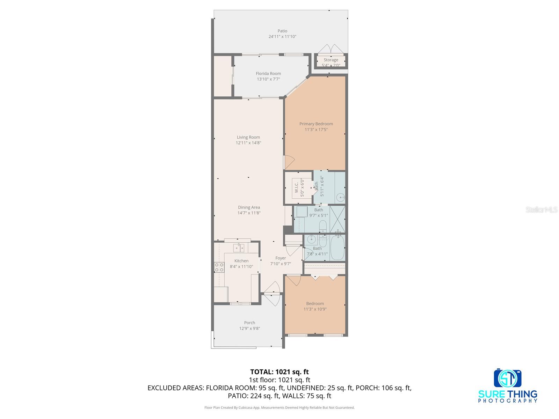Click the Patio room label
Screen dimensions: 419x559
point(282,31)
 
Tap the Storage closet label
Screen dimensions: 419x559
point(331,60)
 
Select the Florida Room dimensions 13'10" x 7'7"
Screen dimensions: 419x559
point(268,79)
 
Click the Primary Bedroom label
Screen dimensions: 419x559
point(316,124)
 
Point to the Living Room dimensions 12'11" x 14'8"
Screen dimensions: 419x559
point(248,143)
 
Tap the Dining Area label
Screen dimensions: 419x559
point(249,207)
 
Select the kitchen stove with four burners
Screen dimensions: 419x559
point(219,267)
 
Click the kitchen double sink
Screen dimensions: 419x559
point(239,248)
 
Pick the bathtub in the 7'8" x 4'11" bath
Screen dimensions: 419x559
point(337,248)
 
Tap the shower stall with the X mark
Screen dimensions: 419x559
point(337,219)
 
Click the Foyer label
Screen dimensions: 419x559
point(281,258)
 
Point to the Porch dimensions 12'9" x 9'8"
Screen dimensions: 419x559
point(249,329)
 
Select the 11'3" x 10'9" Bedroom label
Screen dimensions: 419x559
point(315,304)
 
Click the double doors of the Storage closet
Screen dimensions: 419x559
point(331,49)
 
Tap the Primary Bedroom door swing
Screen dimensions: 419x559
point(289,162)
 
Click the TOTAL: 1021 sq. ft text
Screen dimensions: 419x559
point(279,372)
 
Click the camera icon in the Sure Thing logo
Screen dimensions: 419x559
point(507,378)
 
